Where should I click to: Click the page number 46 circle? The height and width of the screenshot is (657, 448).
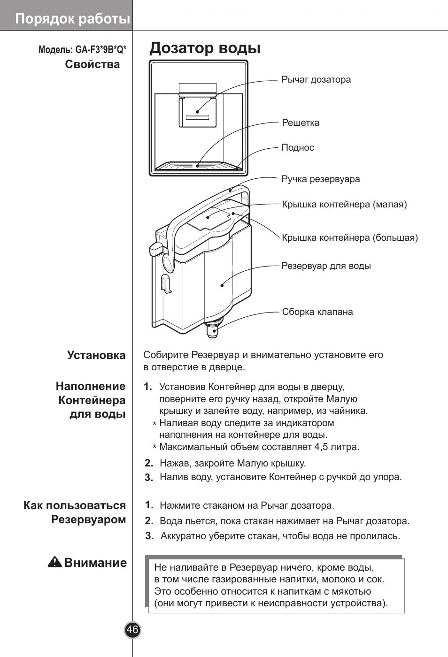pos(132,630)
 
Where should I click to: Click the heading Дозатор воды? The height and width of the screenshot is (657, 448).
pos(205,48)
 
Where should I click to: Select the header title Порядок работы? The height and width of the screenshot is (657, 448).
pos(72,19)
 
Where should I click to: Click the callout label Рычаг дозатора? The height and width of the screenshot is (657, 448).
pos(316,80)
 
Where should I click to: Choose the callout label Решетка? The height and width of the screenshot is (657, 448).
pos(301,123)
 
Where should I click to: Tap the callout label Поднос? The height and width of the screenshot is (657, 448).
pos(298,148)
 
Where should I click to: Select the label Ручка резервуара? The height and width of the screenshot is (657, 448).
pos(321,179)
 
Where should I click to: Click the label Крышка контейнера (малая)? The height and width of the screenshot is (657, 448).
pos(344,205)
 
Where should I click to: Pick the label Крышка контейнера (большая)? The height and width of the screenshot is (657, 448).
pos(350,238)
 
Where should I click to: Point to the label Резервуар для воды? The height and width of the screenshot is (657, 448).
pos(326,266)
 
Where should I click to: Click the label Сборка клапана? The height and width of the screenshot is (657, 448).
pos(317,312)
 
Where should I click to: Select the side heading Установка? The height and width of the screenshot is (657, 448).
pos(96,355)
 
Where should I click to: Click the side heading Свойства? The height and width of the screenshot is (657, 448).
pos(93,65)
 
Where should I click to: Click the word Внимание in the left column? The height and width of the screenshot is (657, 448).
pos(95,563)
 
